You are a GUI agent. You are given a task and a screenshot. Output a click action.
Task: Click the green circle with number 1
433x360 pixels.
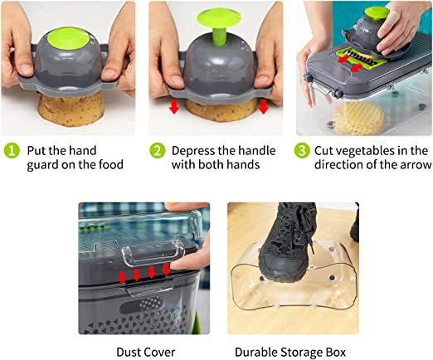tap(12, 151)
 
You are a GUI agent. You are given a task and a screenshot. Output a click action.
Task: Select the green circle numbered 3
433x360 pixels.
tap(302, 151)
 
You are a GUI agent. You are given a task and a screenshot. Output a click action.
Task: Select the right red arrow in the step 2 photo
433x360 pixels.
tap(264, 106)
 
